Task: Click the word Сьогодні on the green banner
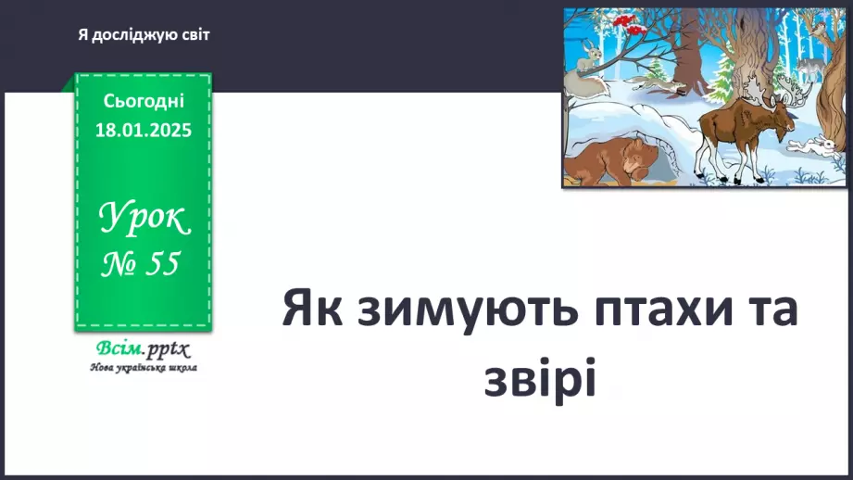(x=144, y=100)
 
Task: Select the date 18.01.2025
(x=144, y=131)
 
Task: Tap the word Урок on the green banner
(x=144, y=221)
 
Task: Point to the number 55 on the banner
(x=161, y=265)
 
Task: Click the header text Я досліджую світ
(x=144, y=34)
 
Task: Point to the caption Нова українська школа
(x=143, y=367)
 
